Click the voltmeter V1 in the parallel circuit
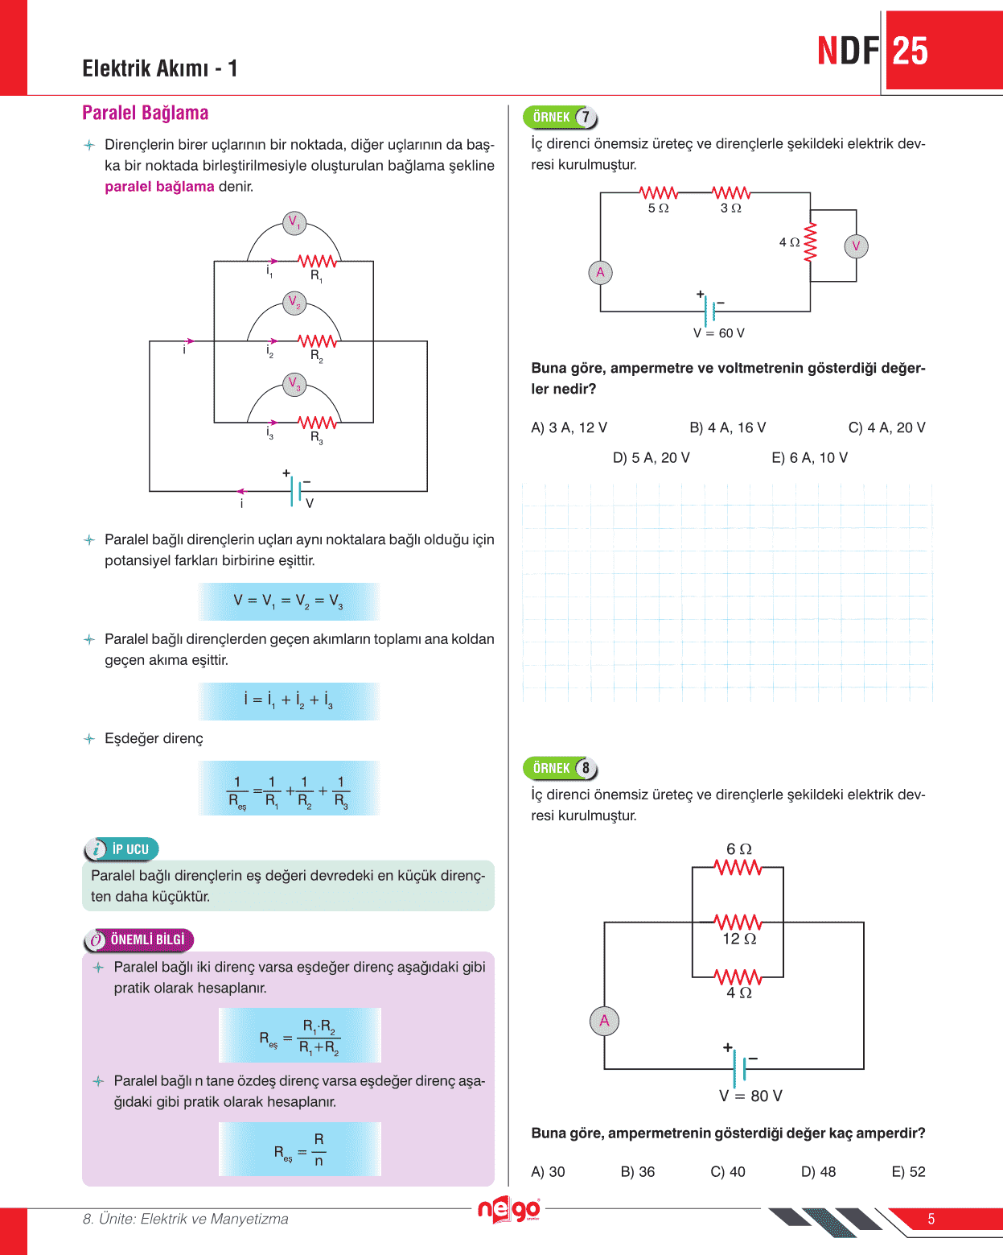(x=294, y=223)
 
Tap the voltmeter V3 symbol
(x=294, y=384)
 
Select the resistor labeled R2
(x=317, y=341)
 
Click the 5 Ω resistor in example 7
(x=659, y=193)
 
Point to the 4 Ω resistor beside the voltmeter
(x=810, y=242)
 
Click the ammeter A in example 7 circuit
(x=600, y=273)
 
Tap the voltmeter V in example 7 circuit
(x=856, y=246)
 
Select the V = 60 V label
(x=718, y=333)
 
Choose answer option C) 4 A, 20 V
(x=886, y=427)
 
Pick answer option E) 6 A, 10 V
(x=809, y=458)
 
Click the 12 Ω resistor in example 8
(x=738, y=923)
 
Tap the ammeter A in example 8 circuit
(x=604, y=1022)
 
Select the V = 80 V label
(x=750, y=1096)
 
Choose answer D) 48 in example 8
(x=818, y=1172)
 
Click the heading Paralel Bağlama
(x=145, y=113)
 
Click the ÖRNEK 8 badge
(x=560, y=768)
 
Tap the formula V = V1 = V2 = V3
(x=288, y=601)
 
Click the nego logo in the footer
(x=508, y=1210)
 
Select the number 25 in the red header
(x=911, y=51)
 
